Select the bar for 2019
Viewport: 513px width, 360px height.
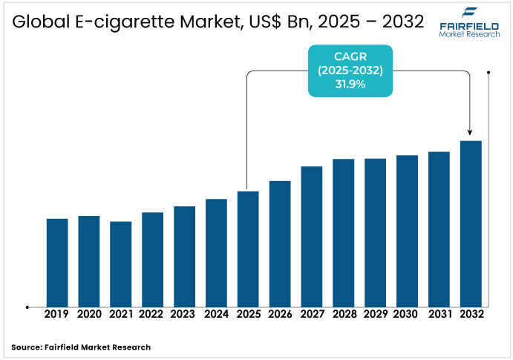(57, 262)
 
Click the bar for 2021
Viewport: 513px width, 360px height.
(121, 264)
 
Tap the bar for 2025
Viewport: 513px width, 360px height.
(248, 249)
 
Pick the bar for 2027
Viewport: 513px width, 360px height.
(312, 236)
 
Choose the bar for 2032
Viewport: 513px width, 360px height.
(471, 223)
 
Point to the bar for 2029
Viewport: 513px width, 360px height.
(375, 232)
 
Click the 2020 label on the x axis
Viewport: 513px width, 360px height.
(89, 314)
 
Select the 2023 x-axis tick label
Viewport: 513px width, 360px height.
(184, 314)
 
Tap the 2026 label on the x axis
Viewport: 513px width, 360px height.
(280, 314)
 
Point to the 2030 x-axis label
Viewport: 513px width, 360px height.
(407, 314)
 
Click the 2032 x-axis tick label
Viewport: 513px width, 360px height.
(471, 314)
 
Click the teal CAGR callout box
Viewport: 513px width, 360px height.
(350, 71)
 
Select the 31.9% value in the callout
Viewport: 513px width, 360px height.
(350, 85)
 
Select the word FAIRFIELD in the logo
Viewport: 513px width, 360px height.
(468, 25)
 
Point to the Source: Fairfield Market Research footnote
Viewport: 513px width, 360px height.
(81, 347)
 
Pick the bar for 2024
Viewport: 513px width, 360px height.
(216, 252)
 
